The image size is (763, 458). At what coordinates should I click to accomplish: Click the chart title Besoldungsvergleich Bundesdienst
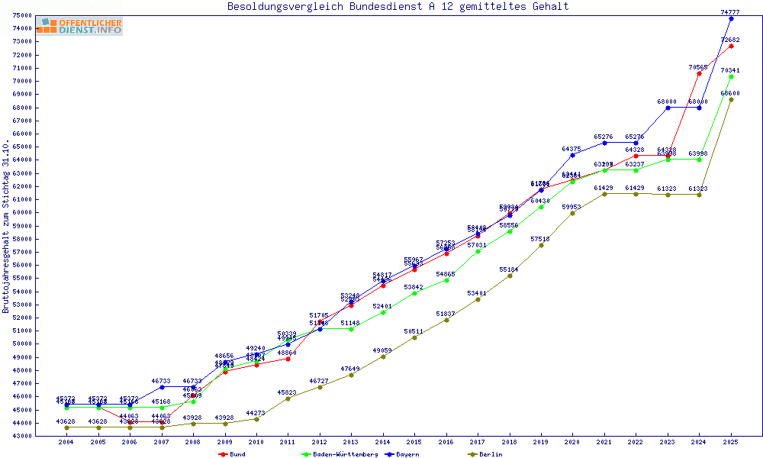[398, 7]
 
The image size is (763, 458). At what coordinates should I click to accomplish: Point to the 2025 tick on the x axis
[731, 442]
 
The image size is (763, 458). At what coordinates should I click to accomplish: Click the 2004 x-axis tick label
[67, 442]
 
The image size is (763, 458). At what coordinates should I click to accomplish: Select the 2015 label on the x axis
[414, 442]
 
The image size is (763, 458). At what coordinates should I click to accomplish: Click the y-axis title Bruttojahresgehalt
[6, 227]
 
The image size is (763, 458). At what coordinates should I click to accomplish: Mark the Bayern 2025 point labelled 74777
[731, 18]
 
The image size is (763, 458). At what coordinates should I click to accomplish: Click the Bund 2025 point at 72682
[731, 46]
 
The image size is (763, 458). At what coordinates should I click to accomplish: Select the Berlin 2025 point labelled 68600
[731, 99]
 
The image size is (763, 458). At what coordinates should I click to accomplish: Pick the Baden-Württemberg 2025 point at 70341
[731, 76]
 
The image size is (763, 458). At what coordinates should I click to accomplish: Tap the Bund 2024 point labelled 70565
[699, 73]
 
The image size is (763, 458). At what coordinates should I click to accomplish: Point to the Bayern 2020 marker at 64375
[572, 155]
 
